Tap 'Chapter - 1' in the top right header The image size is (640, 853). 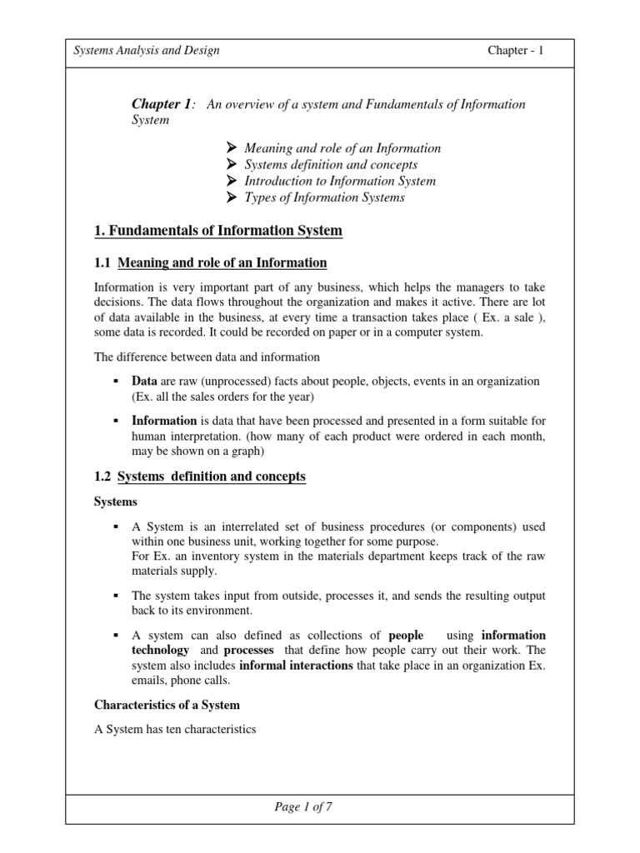pos(515,50)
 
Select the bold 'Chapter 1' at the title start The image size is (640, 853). pos(161,104)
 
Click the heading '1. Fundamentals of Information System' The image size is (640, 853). pos(219,230)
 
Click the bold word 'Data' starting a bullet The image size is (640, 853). pos(145,381)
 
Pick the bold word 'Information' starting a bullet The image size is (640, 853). pos(164,421)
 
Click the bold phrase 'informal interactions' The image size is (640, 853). pos(295,666)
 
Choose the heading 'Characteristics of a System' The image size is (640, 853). pos(167,705)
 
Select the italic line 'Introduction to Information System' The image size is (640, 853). pos(339,181)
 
